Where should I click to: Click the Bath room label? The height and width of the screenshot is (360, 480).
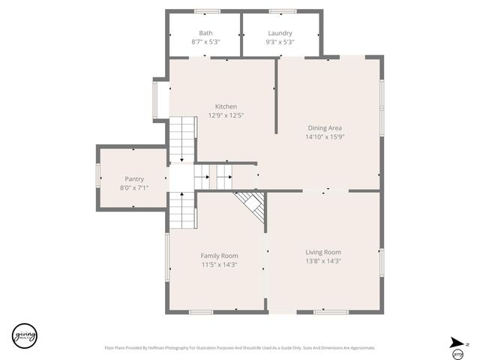205,33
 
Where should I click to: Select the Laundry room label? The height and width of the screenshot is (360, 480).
280,33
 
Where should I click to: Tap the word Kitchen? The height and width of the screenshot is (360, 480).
226,106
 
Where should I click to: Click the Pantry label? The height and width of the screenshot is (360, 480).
134,178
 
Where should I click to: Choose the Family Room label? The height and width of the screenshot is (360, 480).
219,256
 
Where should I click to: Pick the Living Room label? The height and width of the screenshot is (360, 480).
323,252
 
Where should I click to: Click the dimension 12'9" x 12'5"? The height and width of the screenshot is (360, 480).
226,115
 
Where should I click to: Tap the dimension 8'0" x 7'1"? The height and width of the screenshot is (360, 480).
134,187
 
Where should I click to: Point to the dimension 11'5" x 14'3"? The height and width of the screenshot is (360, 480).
219,265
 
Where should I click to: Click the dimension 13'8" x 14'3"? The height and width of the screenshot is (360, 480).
323,261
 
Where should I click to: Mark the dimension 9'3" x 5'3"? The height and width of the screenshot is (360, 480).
280,42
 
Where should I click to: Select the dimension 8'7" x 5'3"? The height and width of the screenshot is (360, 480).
205,42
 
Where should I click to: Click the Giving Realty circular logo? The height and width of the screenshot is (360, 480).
24,334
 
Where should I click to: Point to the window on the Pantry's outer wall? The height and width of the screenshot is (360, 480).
97,177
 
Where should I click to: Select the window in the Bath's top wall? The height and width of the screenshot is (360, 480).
207,11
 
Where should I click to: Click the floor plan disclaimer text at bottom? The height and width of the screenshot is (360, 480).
239,348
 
